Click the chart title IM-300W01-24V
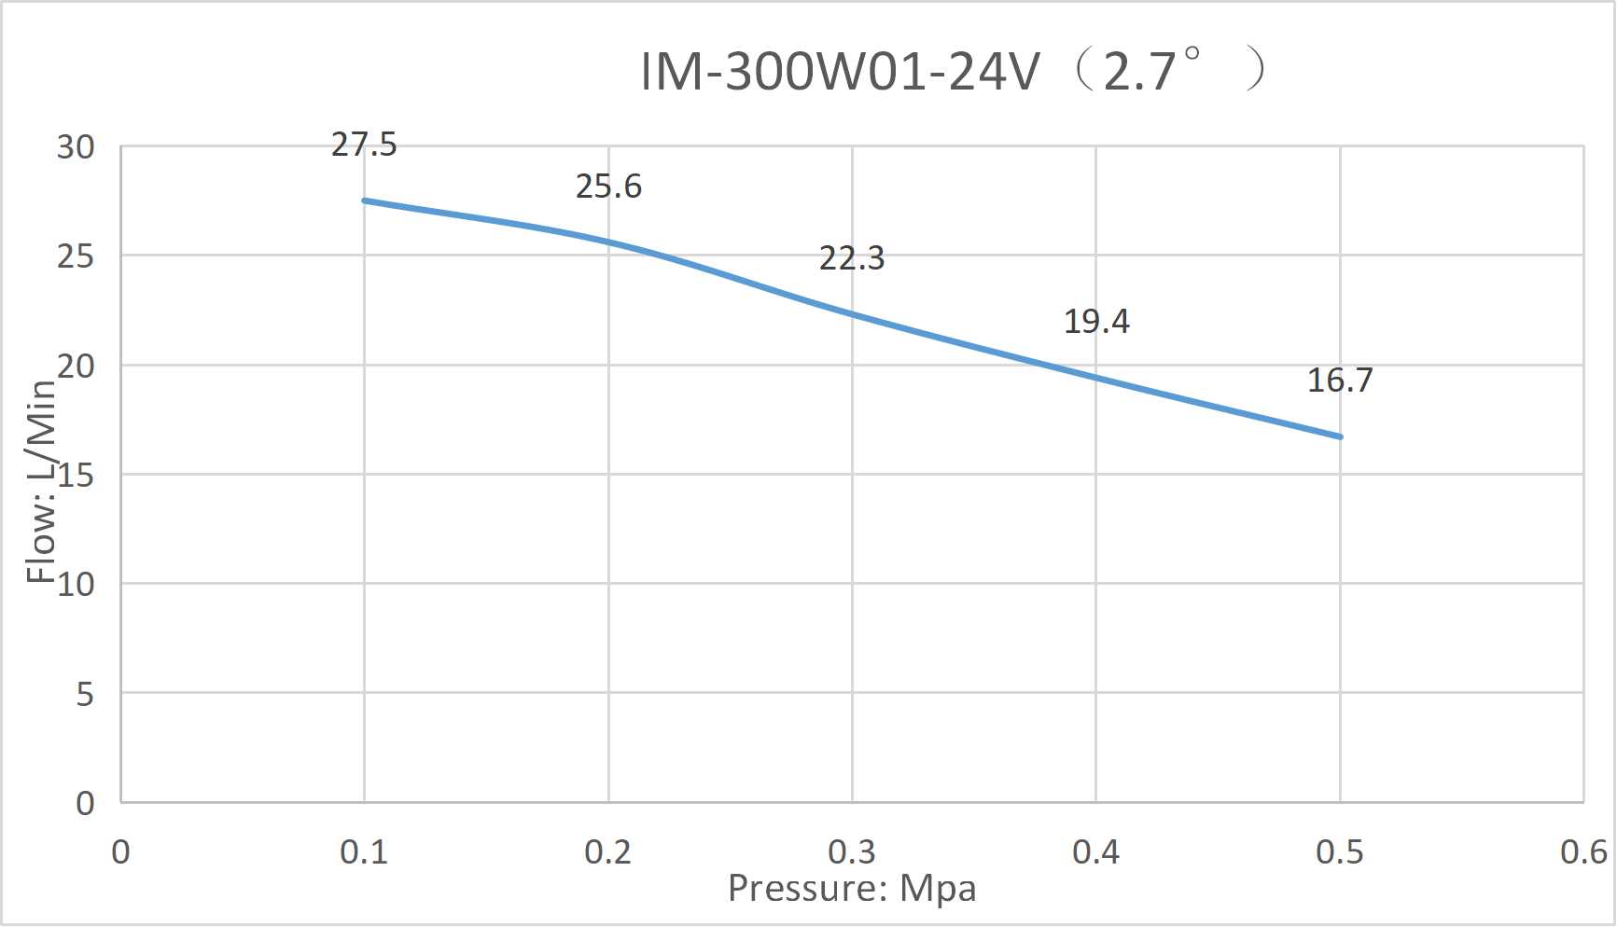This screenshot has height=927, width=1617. click(x=840, y=71)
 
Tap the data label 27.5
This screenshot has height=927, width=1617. click(x=364, y=145)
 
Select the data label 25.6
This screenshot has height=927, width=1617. click(x=608, y=187)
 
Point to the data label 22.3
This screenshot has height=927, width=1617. click(x=852, y=257)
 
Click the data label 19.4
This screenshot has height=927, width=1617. click(x=1096, y=322)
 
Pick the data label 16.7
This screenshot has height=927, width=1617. click(x=1340, y=380)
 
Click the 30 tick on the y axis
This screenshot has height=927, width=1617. click(x=76, y=147)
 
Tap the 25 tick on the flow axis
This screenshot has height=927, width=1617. click(x=76, y=256)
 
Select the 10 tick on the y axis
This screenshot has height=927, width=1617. click(x=76, y=585)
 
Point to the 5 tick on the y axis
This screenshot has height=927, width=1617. click(x=85, y=695)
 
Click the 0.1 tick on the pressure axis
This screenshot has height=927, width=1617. click(x=364, y=852)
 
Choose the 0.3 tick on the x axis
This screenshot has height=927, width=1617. click(x=852, y=852)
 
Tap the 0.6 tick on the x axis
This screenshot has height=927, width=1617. click(x=1583, y=852)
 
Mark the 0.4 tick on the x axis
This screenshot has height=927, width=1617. click(x=1096, y=852)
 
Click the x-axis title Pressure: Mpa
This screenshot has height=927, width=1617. click(x=852, y=889)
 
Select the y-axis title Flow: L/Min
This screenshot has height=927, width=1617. click(x=41, y=481)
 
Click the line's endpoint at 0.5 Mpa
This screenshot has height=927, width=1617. click(x=1340, y=436)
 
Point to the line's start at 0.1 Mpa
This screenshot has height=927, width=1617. click(x=364, y=201)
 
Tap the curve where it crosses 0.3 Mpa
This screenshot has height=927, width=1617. click(x=852, y=314)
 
